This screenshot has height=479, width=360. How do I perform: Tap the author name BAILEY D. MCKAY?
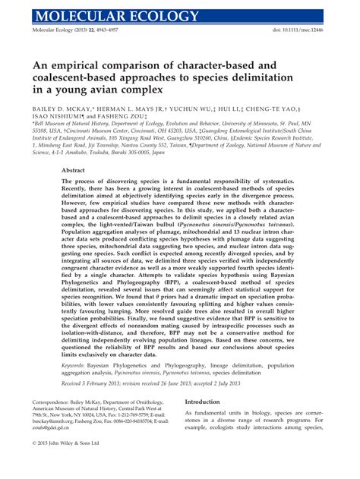[63, 109]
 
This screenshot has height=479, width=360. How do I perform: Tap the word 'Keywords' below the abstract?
[75, 364]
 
